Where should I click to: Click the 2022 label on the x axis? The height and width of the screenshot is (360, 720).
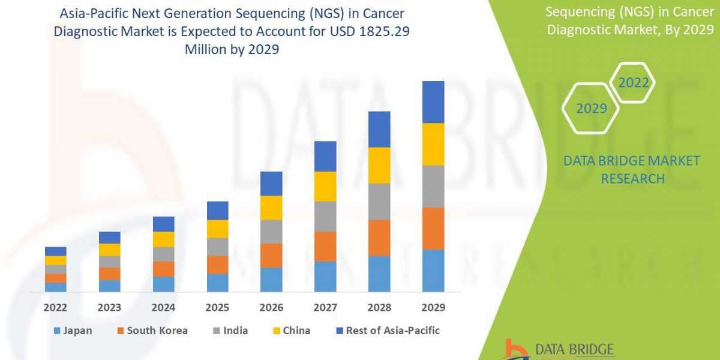point(55,307)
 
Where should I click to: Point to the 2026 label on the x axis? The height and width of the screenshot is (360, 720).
point(271,307)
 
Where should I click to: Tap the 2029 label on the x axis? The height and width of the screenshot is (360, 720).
point(433,307)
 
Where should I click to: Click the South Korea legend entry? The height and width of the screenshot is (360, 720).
point(152,331)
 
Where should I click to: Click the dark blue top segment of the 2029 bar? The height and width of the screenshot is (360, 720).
point(433,102)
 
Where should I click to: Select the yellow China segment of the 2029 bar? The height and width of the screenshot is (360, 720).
point(433,144)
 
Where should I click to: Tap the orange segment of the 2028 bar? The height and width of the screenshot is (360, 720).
point(379,238)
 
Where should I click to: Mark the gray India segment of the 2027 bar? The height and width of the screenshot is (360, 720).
point(325,217)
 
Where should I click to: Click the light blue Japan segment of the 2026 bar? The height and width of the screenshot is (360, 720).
point(271,280)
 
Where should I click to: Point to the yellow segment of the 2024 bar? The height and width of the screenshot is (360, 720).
point(163,239)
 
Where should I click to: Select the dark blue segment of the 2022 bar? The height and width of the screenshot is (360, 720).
point(55,251)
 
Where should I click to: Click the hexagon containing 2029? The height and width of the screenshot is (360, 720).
point(590,109)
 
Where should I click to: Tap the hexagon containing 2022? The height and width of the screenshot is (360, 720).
point(634,83)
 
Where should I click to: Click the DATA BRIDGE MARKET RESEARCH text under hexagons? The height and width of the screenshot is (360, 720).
point(632,169)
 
